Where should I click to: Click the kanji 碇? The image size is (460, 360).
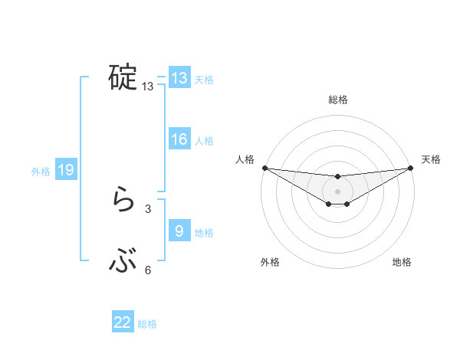(x=123, y=77)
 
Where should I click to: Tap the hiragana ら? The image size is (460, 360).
(x=123, y=201)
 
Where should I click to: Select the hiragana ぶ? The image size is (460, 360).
(x=123, y=263)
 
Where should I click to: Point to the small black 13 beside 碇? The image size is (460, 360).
(x=148, y=87)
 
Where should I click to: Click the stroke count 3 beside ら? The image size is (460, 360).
(x=148, y=208)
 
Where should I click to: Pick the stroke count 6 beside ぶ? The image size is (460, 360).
(x=148, y=270)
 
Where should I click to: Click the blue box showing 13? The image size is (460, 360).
(x=179, y=78)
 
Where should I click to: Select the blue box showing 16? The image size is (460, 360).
(x=179, y=139)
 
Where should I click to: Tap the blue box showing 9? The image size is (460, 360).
(x=179, y=231)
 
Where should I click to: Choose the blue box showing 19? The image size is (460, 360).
(x=66, y=171)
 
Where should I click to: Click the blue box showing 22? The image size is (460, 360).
(x=123, y=322)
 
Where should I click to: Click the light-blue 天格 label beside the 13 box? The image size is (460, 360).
(x=203, y=79)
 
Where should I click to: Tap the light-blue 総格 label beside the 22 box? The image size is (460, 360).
(x=147, y=323)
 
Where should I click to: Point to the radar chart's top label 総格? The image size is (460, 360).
(x=338, y=100)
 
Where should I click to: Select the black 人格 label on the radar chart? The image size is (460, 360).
(x=245, y=159)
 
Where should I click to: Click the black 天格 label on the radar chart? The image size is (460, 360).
(x=431, y=159)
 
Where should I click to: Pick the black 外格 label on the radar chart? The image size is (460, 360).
(x=270, y=263)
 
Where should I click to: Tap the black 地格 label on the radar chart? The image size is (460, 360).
(x=402, y=263)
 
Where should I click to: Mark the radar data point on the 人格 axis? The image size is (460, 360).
(x=264, y=168)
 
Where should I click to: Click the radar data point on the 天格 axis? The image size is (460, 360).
(x=411, y=168)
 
